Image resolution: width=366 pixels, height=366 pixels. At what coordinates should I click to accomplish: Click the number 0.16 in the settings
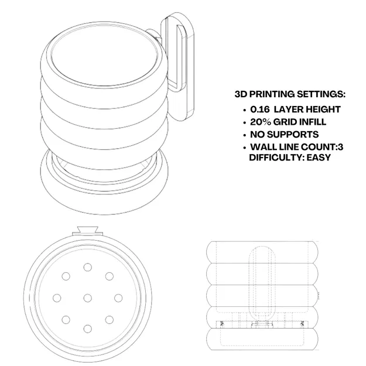point(260,110)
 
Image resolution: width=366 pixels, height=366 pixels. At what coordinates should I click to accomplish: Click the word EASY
point(319,158)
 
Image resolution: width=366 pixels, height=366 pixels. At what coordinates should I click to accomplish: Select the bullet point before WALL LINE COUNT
point(244,148)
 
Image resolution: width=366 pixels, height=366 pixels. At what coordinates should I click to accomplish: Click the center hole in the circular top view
point(87,298)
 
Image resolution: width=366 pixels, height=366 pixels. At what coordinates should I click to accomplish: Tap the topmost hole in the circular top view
point(87,267)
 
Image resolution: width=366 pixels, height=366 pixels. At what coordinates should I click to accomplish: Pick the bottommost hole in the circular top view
point(87,329)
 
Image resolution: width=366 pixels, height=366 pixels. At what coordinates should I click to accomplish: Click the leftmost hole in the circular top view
point(57,298)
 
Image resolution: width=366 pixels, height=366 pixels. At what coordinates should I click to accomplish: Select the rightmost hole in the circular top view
point(118,298)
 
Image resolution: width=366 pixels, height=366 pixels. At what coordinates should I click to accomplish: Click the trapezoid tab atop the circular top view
point(88,229)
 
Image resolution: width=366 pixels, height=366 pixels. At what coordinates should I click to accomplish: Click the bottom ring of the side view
point(262,339)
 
